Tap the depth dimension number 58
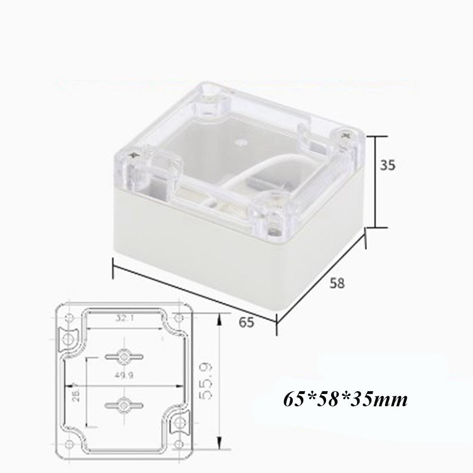point(336,283)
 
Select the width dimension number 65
point(246,323)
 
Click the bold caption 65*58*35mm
point(345,400)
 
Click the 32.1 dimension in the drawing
point(123,318)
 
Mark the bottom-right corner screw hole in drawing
point(178,444)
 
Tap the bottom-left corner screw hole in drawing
point(70,444)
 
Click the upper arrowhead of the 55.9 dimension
point(219,321)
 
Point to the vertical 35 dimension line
point(375,182)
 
